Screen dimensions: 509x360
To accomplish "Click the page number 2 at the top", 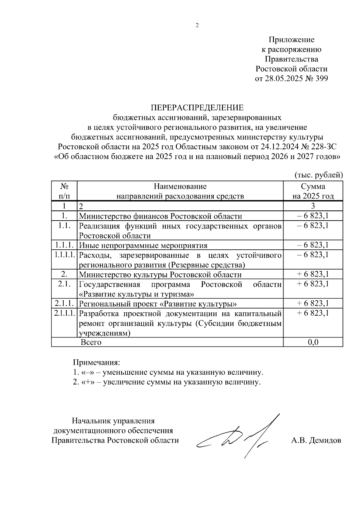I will pos(197,25).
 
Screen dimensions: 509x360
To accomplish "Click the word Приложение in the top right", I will pos(291,40).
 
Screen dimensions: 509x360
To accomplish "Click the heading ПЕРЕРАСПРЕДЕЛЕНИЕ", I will pos(197,108).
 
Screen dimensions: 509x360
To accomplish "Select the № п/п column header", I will pos(64,191).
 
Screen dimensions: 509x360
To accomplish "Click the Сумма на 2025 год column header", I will pos(313,191).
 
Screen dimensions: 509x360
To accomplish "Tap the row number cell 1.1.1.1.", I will pos(64,255).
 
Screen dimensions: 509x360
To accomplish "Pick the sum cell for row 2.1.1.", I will pos(313,303).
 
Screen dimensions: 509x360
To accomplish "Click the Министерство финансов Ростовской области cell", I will pos(160,216).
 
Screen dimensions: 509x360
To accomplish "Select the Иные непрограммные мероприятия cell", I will pos(143,246).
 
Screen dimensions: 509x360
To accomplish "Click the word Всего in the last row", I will pos(91,342).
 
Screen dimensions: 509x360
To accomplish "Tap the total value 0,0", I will pos(313,342).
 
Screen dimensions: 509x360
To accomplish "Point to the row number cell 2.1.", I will pos(64,284).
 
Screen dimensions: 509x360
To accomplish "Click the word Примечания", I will pos(97,362).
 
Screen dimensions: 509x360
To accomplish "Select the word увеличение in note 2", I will pos(125,382).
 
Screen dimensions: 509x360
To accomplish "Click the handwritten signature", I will pos(237,438).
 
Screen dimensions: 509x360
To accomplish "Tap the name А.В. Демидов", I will pos(316,440).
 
